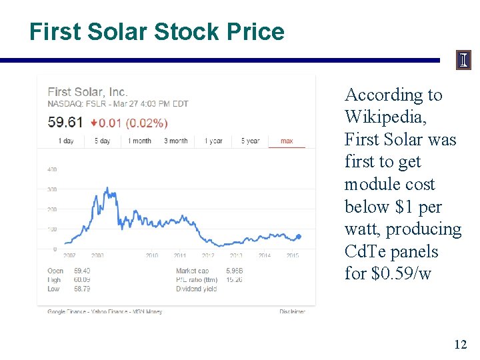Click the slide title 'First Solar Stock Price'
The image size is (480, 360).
[157, 31]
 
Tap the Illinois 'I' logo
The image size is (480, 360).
[463, 61]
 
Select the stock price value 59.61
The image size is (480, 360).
[65, 122]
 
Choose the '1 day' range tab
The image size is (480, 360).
[66, 141]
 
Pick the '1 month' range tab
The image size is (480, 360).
[140, 141]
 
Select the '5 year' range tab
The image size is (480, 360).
[250, 141]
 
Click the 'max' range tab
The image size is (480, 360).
[287, 141]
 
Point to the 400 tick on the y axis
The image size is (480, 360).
[52, 169]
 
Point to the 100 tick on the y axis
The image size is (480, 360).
[52, 229]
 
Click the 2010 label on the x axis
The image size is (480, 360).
[153, 255]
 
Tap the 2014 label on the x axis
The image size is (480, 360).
[265, 255]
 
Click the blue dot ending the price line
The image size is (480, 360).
[298, 236]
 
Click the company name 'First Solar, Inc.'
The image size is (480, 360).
[87, 93]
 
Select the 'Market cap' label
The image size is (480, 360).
[191, 271]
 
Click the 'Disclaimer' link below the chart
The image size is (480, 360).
[292, 311]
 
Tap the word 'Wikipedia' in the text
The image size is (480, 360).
[386, 117]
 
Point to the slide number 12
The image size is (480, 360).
[460, 344]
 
